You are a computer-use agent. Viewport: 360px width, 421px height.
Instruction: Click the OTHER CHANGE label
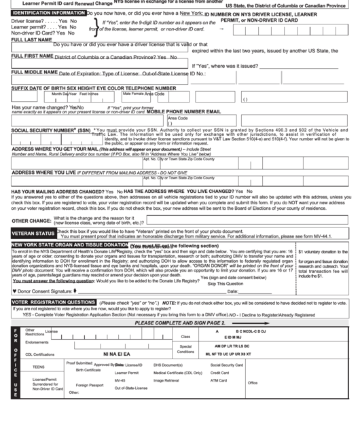click(31, 221)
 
